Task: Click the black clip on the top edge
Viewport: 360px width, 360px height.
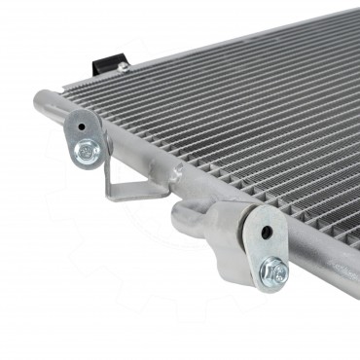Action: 103,63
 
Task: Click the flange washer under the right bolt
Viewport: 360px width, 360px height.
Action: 273,277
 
